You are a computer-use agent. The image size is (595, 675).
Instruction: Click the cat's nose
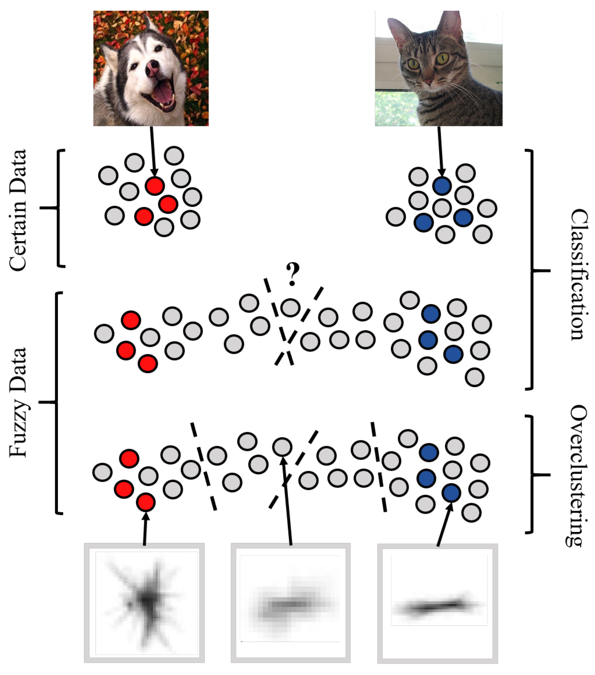click(428, 81)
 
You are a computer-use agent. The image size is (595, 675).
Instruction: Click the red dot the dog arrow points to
click(155, 186)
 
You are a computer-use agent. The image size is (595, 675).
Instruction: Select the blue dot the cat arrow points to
click(442, 186)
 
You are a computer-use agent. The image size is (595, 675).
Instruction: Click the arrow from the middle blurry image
click(287, 502)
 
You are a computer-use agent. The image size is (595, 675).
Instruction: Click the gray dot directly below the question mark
click(290, 308)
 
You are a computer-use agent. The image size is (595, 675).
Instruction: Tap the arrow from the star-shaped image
click(145, 528)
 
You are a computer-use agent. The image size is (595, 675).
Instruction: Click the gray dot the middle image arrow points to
click(282, 447)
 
